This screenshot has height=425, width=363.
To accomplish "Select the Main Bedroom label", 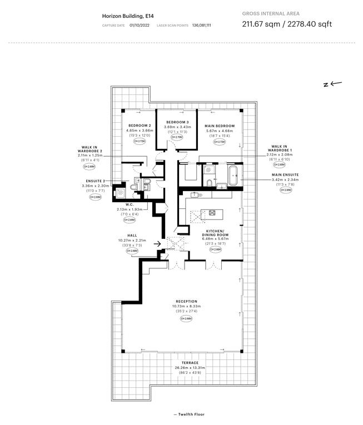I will (219, 126).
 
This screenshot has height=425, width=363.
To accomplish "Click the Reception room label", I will (186, 302).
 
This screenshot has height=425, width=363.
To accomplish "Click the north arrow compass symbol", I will (332, 84).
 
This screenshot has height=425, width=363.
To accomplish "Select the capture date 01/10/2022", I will (140, 26).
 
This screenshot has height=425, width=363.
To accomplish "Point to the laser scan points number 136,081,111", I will (201, 26).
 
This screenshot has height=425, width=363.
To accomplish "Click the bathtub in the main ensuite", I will (233, 175).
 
